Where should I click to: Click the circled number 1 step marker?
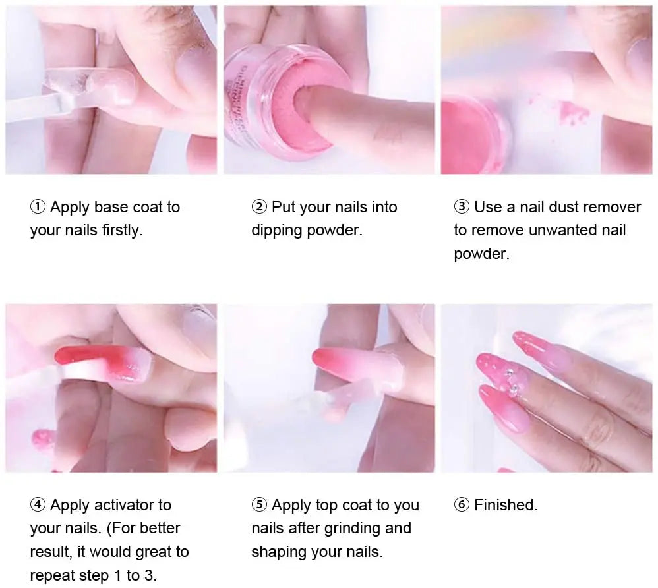(x=38, y=207)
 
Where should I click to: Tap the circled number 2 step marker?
(x=259, y=207)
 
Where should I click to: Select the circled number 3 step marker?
(x=462, y=207)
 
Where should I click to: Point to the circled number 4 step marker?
(x=38, y=505)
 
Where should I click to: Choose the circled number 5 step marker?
(x=259, y=505)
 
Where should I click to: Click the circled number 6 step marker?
(x=462, y=505)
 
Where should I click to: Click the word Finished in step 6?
(x=506, y=505)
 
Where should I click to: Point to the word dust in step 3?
(x=564, y=207)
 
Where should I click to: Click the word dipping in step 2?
(x=277, y=231)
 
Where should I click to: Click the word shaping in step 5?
(x=277, y=552)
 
